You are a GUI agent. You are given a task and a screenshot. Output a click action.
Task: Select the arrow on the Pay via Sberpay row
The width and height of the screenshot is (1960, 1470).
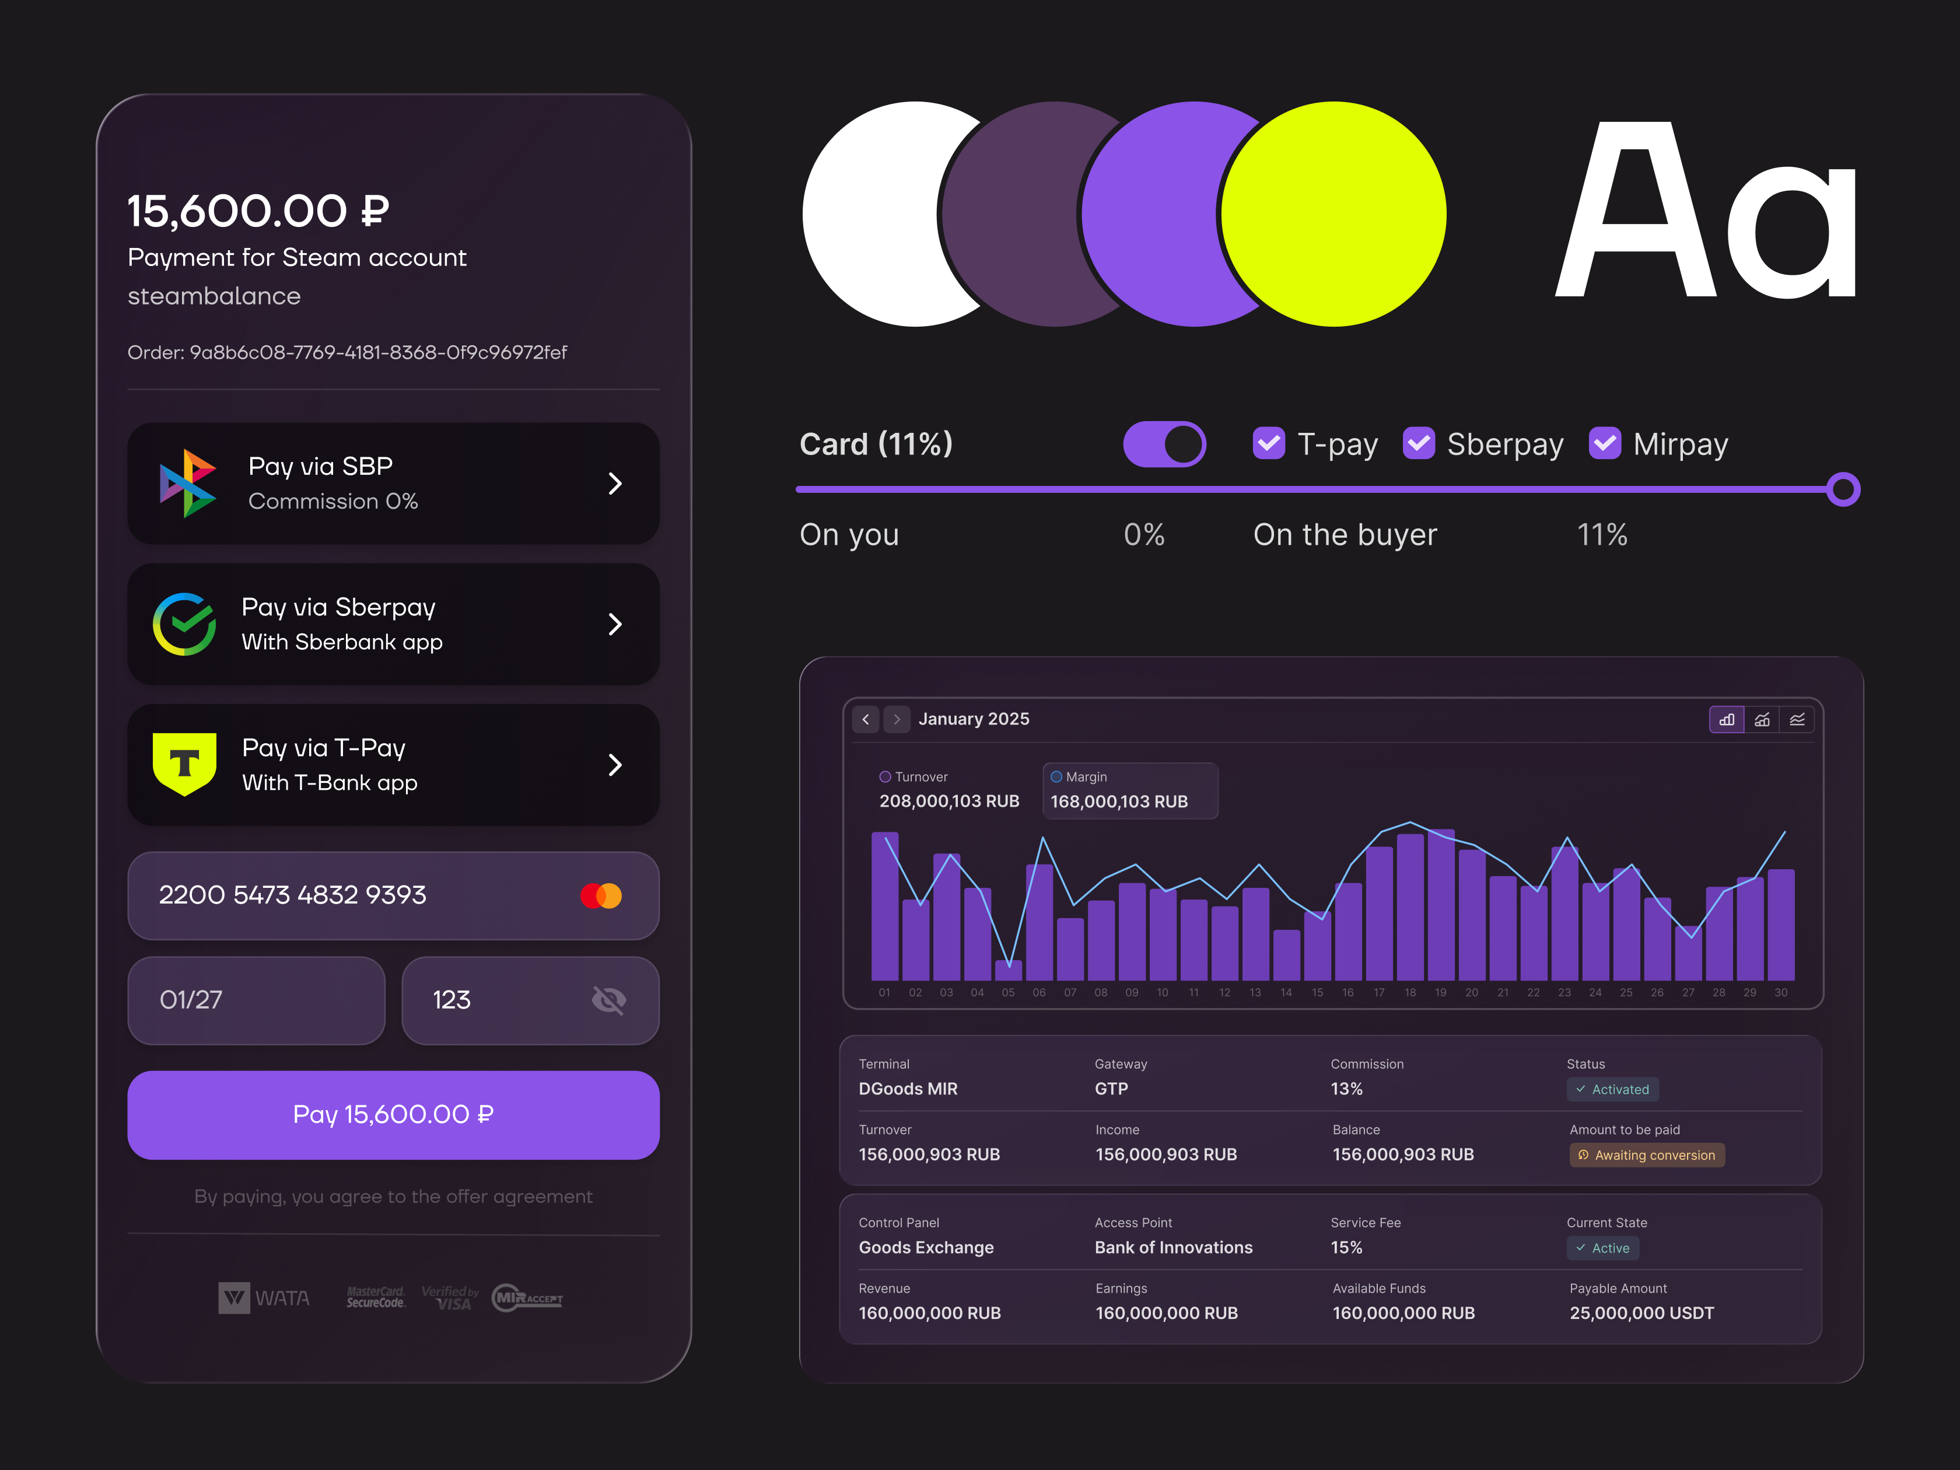coord(615,624)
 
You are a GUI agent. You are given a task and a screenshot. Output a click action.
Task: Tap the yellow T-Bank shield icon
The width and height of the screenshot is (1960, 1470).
coord(184,764)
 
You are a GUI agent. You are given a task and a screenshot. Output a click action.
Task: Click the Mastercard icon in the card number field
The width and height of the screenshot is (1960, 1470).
coord(601,896)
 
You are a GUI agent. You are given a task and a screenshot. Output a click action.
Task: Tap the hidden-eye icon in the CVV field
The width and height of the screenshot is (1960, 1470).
coord(609,1000)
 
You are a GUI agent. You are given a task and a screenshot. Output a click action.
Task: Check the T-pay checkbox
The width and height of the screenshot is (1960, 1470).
coord(1268,443)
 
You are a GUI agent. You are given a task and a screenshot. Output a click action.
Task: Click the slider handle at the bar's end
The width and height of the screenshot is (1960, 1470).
coord(1843,489)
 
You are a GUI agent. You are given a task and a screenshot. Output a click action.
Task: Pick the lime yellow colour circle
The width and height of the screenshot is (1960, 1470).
coord(1333,213)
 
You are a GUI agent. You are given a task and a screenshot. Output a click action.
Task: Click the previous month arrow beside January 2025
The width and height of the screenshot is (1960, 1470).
coord(866,719)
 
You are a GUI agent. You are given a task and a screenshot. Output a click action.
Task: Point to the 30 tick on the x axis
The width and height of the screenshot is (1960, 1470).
coord(1781,992)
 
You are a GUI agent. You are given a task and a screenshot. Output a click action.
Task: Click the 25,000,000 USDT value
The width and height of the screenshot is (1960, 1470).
coord(1641,1313)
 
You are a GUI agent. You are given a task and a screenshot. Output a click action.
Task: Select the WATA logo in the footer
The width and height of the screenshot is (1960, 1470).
coord(264,1298)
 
